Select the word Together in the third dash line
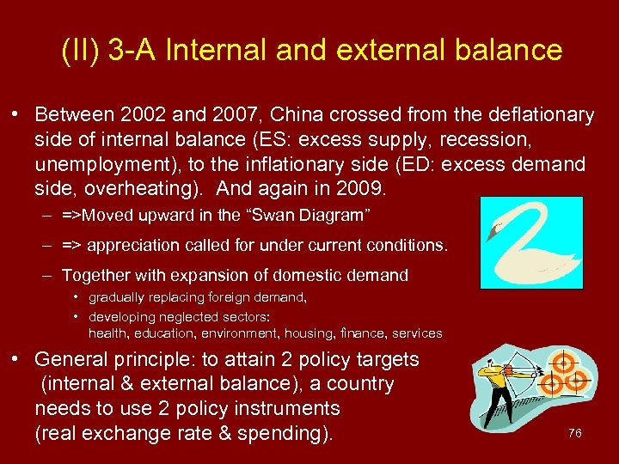click(x=93, y=276)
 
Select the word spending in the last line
click(x=284, y=433)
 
